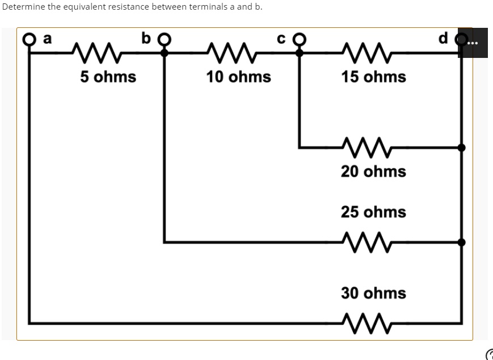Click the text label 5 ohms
pyautogui.click(x=108, y=77)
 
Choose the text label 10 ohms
pyautogui.click(x=238, y=77)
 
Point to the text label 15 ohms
pyautogui.click(x=373, y=77)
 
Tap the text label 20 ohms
pyautogui.click(x=373, y=171)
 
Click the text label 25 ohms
pyautogui.click(x=373, y=212)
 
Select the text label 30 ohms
pyautogui.click(x=373, y=294)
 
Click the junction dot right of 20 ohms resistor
pyautogui.click(x=462, y=148)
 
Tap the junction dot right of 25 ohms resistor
pyautogui.click(x=462, y=242)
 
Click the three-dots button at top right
pyautogui.click(x=473, y=43)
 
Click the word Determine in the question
pyautogui.click(x=21, y=7)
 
